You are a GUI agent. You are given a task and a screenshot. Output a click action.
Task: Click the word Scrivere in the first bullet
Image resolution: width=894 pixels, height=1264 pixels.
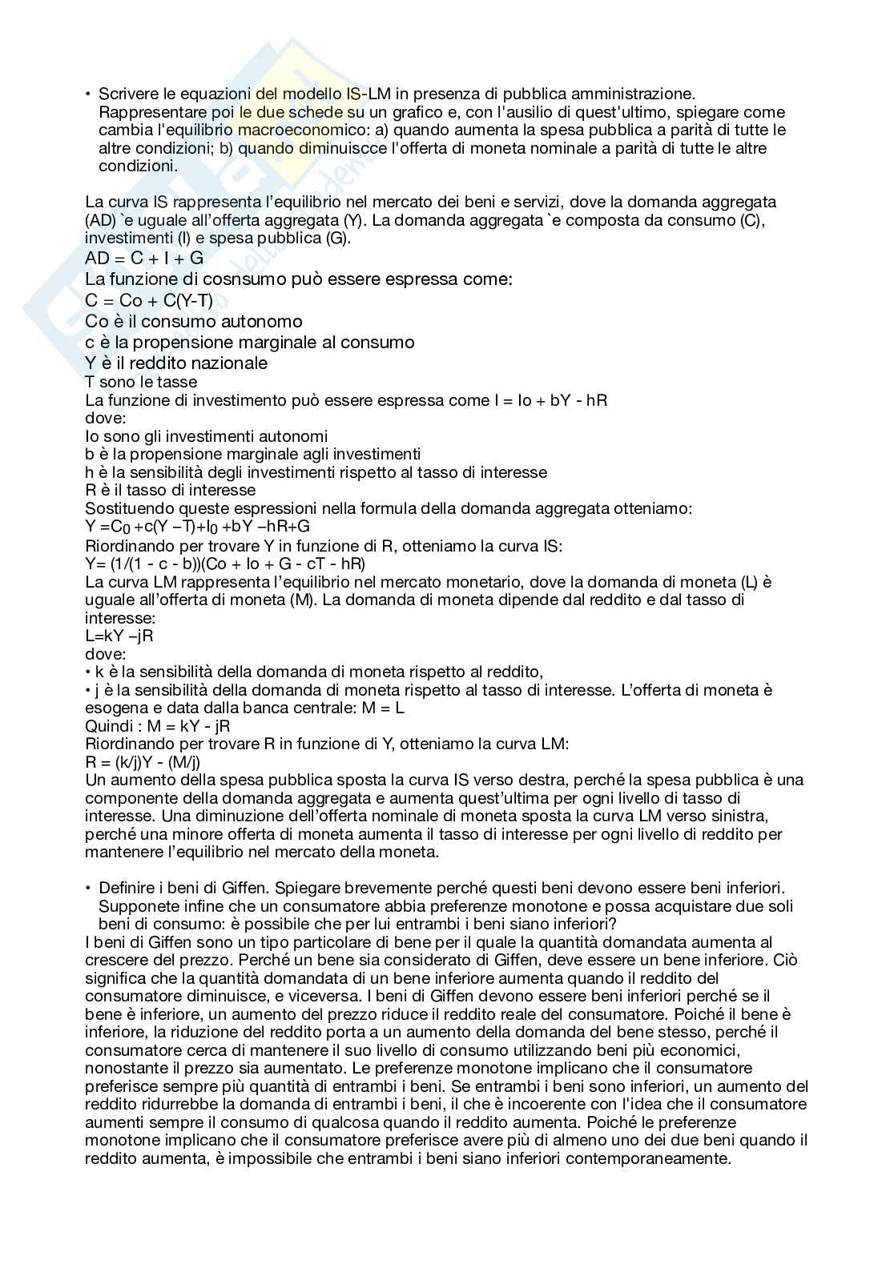tap(125, 94)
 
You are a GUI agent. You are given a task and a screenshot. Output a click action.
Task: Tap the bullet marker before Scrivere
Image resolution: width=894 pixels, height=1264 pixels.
tap(88, 94)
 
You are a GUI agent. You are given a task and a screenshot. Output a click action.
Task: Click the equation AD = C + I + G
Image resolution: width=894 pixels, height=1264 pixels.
tap(144, 258)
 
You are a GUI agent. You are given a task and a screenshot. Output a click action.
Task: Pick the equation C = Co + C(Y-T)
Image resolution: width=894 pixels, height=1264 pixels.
tap(149, 301)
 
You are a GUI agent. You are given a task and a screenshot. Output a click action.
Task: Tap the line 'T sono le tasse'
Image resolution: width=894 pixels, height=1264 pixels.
tap(141, 382)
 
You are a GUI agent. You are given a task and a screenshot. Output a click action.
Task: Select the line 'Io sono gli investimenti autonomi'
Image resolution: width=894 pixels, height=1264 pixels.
tap(206, 436)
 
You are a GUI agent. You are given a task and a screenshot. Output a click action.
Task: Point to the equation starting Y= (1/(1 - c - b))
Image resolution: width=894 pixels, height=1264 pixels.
tap(225, 564)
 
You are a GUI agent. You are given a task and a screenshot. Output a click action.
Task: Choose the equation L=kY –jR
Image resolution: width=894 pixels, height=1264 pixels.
tap(119, 636)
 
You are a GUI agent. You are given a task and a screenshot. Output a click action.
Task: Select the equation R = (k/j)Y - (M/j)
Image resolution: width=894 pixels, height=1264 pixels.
tap(143, 762)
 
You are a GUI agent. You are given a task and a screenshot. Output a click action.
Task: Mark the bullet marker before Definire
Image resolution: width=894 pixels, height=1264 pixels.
tap(88, 888)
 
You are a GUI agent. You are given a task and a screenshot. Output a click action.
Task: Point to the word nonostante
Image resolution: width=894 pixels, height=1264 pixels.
tap(123, 1069)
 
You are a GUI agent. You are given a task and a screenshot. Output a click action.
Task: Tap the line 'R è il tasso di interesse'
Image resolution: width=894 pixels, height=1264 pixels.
tap(170, 490)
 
